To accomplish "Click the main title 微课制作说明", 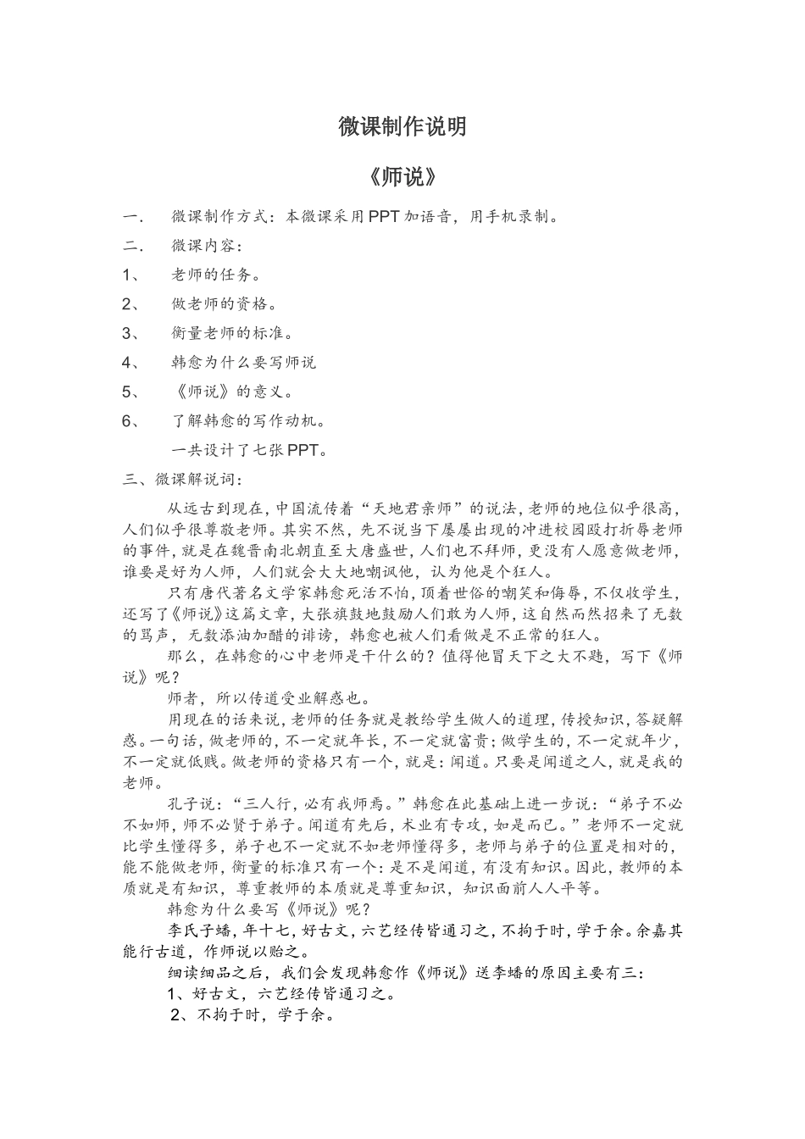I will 402,127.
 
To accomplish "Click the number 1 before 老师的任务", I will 127,275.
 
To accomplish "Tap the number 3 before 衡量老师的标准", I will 127,333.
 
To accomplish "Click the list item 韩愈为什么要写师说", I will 243,363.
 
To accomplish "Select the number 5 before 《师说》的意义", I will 127,392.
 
